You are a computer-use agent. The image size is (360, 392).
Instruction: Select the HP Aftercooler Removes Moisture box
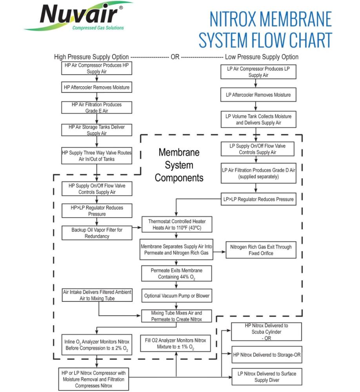96,87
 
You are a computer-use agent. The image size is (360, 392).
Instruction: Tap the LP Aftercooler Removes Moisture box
258,95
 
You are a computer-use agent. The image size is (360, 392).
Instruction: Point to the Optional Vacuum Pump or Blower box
177,296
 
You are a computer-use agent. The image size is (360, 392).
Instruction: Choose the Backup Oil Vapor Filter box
96,233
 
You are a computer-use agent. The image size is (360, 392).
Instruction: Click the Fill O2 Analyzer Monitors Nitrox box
176,343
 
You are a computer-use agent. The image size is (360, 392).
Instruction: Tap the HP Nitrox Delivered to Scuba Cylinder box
266,332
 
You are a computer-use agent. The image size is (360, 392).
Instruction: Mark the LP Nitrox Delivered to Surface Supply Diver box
267,377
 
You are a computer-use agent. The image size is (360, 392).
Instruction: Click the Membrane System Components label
179,165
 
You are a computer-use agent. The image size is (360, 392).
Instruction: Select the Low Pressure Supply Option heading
262,57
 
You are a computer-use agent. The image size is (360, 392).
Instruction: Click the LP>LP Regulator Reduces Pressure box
258,199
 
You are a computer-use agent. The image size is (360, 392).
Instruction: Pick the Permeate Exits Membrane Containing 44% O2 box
176,274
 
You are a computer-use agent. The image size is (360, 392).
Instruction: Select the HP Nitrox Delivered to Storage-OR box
267,355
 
